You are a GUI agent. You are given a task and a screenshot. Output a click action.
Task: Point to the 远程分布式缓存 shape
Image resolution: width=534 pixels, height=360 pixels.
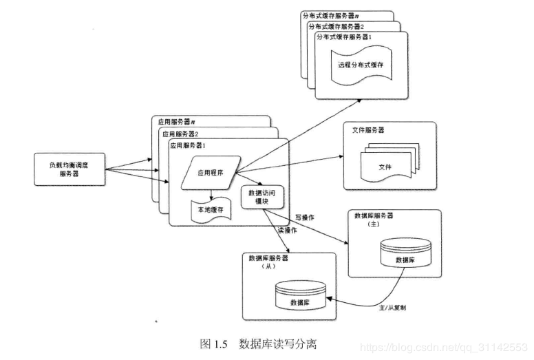point(360,65)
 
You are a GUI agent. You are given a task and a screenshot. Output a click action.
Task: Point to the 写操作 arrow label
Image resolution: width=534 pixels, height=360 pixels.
point(304,219)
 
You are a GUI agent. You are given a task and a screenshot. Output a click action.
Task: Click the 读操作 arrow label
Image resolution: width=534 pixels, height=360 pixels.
point(287,230)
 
